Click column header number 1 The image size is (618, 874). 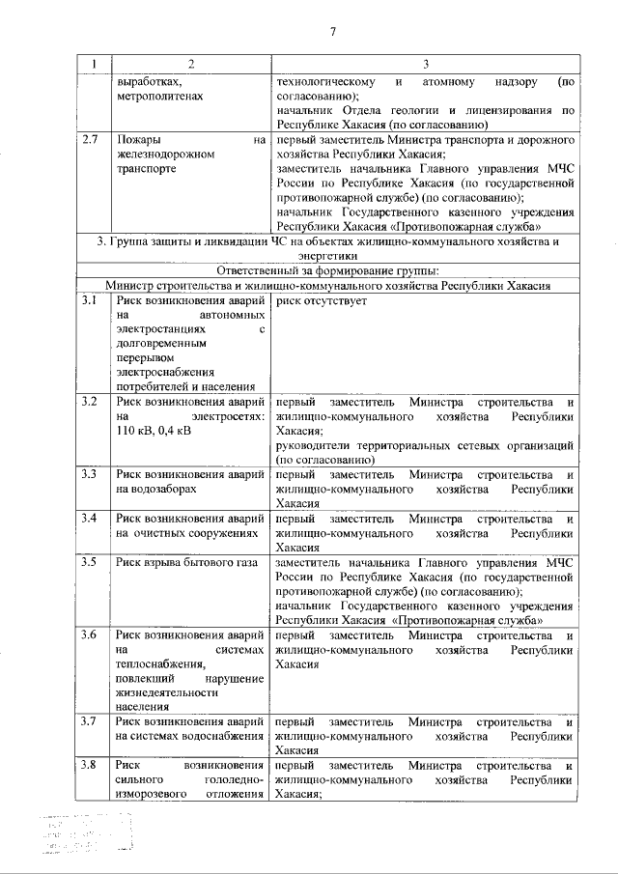coord(94,64)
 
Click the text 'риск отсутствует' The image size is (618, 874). coord(321,301)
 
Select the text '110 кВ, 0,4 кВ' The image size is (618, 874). coord(154,430)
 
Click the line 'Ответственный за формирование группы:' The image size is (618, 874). coord(328,270)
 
